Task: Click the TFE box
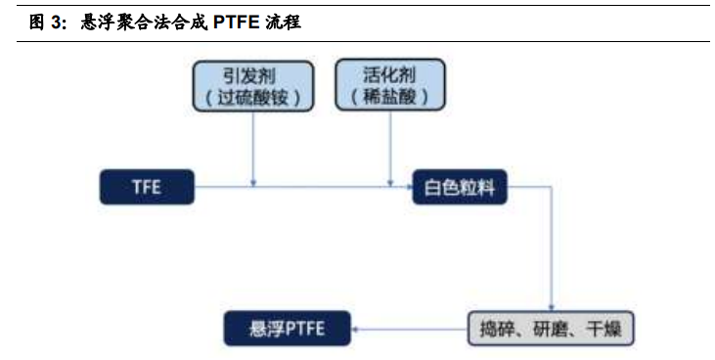coord(147,187)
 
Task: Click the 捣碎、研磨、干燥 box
coord(551,329)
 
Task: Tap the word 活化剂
coord(389,73)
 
